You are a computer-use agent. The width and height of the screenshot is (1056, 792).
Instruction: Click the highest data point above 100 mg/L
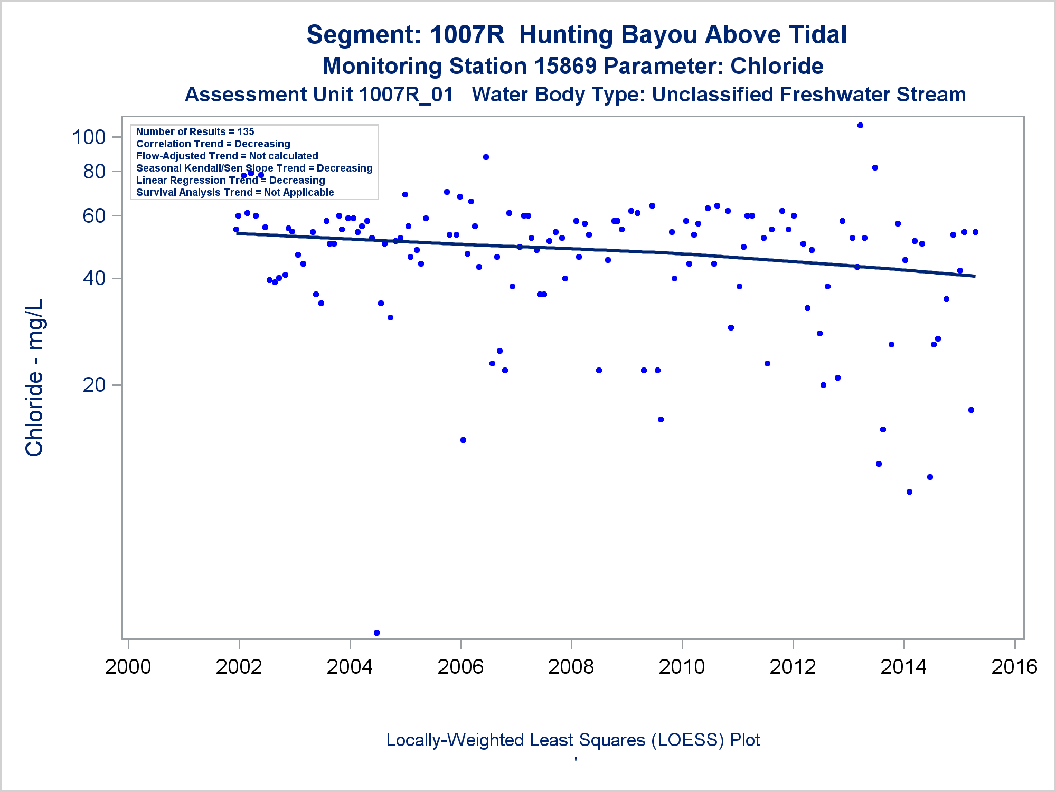860,126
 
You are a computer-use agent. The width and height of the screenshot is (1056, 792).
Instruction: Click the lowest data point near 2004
376,633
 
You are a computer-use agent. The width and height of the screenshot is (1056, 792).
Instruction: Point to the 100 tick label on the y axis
89,137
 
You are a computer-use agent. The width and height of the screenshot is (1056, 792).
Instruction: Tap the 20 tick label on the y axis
95,385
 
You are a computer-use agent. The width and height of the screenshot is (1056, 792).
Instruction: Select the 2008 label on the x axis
571,667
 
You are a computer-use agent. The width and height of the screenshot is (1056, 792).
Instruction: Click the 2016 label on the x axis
1014,667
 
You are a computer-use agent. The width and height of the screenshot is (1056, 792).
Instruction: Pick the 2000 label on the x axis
128,667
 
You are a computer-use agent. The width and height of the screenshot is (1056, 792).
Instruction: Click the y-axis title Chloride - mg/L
35,377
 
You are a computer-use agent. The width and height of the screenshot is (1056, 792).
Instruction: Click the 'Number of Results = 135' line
195,131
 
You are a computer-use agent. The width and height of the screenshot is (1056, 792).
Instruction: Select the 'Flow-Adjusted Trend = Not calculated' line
227,156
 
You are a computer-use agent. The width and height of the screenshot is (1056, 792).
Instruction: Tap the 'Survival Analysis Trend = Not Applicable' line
235,192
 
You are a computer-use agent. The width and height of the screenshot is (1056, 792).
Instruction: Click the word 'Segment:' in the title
364,35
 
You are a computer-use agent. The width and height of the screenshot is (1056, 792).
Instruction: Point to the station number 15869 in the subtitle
565,67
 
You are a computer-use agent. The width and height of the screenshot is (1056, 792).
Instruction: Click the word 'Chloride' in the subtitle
777,67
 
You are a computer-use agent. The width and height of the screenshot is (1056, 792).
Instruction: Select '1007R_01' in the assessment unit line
406,95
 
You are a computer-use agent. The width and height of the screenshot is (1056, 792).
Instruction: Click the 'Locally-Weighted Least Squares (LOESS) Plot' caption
573,740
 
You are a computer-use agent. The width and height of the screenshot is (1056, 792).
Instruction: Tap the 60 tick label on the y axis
95,215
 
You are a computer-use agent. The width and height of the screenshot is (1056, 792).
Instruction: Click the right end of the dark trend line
974,276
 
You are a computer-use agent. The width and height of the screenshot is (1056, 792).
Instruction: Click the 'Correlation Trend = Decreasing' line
213,144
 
